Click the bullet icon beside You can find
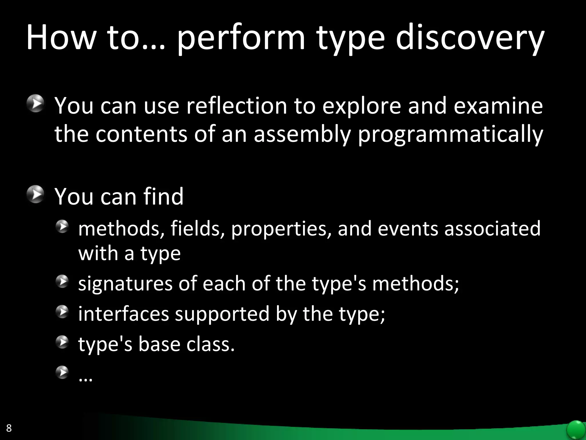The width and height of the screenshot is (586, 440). (36, 194)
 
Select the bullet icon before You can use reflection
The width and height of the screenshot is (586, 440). (36, 103)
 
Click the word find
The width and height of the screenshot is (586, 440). (163, 197)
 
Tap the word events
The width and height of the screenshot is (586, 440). (408, 229)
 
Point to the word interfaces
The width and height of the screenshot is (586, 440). (124, 314)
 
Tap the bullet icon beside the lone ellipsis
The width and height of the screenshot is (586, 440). (62, 372)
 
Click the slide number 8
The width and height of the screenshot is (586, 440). (9, 428)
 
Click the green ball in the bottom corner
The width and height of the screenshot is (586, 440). (576, 430)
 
